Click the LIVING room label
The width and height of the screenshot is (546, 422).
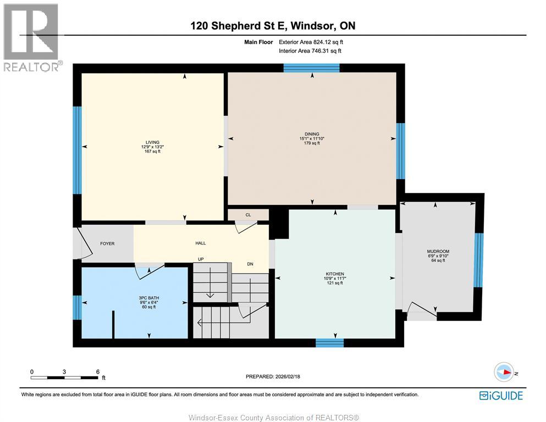coord(150,142)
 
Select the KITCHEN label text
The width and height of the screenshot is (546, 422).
coord(334,274)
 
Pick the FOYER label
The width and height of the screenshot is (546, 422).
coord(107,243)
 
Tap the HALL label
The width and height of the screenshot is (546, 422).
coord(200,243)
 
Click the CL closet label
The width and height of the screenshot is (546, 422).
coord(248,215)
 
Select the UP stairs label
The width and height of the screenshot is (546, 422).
coord(202,259)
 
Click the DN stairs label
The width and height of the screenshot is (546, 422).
coord(250,264)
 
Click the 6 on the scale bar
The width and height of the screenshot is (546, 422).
coord(97,371)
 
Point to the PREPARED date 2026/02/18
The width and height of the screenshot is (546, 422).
coord(273,376)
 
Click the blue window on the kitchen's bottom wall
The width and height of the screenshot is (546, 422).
coord(329,343)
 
